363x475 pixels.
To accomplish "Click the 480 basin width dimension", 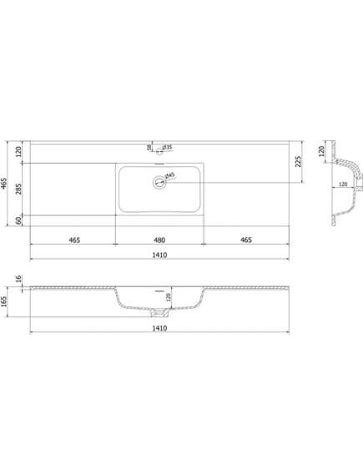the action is [159, 240].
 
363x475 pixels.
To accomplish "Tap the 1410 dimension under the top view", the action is [159, 255].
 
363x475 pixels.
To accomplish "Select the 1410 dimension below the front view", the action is [159, 328].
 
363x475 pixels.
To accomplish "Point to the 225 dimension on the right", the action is [298, 162].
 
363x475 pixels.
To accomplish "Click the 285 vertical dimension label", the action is [18, 189].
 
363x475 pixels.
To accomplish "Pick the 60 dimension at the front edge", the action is [18, 220].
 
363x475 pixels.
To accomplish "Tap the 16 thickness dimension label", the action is [18, 278].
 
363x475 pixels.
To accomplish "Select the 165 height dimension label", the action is [4, 301].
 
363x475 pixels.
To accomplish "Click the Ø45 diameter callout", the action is [170, 175].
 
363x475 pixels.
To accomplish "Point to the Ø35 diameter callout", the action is [167, 148].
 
